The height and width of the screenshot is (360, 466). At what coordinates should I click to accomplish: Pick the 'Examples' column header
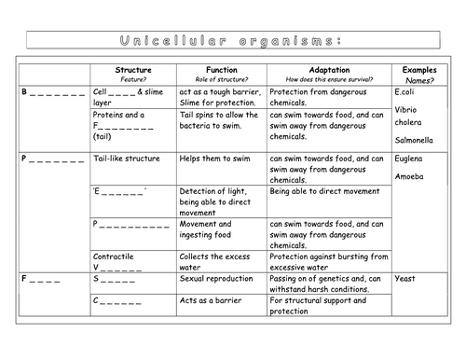pyautogui.click(x=419, y=70)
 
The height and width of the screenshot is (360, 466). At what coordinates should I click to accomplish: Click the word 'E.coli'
pyautogui.click(x=405, y=92)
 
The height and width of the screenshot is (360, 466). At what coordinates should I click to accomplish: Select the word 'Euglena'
pyautogui.click(x=409, y=159)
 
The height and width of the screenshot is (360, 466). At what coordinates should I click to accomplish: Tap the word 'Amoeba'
pyautogui.click(x=408, y=175)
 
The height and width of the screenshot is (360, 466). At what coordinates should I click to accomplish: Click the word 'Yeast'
pyautogui.click(x=405, y=277)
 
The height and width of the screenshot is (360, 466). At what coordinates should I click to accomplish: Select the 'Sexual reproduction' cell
pyautogui.click(x=214, y=277)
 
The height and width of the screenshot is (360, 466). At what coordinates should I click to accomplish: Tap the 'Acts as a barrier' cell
pyautogui.click(x=210, y=300)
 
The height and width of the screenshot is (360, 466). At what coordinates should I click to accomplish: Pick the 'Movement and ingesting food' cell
pyautogui.click(x=211, y=229)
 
